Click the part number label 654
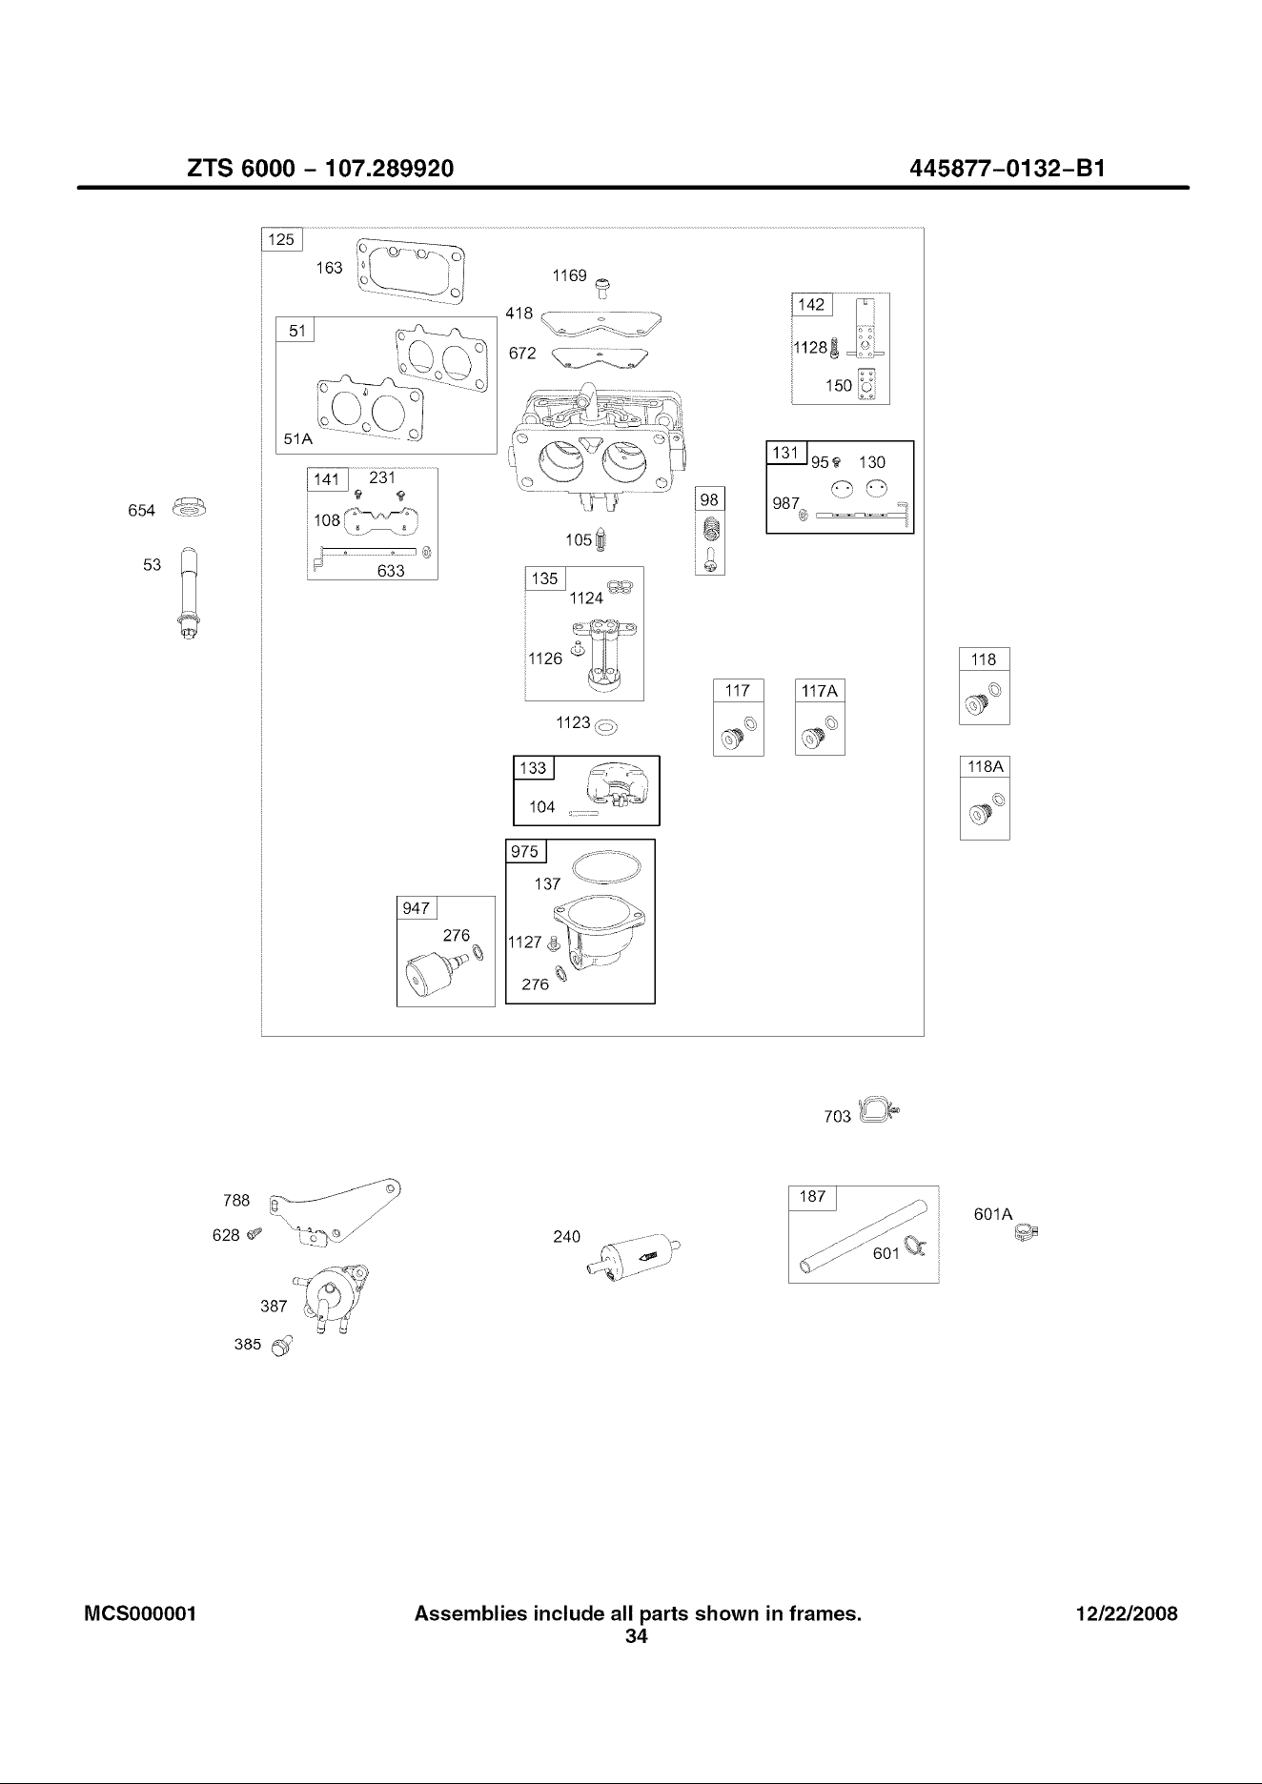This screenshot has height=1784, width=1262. click(x=141, y=511)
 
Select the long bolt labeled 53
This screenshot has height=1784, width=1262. click(x=189, y=594)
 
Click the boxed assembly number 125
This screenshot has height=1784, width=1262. click(x=281, y=239)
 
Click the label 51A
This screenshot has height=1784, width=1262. click(x=298, y=439)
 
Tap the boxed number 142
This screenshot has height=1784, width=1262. click(x=811, y=305)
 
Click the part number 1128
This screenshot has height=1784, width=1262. click(x=810, y=348)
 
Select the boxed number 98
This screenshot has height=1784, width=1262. click(x=709, y=500)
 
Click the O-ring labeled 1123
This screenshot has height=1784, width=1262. click(x=606, y=729)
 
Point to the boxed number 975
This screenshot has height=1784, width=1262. click(x=525, y=852)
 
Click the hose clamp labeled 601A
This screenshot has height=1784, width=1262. click(x=1027, y=1234)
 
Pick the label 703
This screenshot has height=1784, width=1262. click(x=837, y=1117)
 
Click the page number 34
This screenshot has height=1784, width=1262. click(x=636, y=1637)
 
